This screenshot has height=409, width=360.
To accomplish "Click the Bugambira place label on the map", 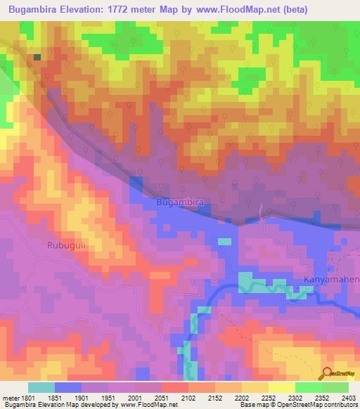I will click(x=180, y=202).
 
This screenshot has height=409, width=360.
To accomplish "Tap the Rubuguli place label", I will click(x=67, y=245).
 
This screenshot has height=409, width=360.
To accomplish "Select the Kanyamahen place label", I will click(x=331, y=280).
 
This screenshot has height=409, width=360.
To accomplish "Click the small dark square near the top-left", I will click(x=37, y=58).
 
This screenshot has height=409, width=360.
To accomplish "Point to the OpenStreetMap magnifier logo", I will click(x=328, y=374).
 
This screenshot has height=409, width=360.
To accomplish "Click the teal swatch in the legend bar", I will click(x=41, y=387).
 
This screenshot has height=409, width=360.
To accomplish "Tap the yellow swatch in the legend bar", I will click(x=281, y=387).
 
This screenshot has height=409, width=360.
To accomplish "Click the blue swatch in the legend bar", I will click(x=68, y=387).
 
